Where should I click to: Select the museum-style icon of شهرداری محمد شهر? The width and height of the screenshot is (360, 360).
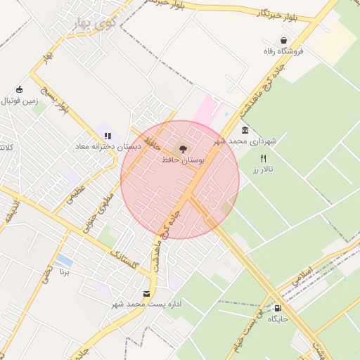pyautogui.click(x=245, y=131)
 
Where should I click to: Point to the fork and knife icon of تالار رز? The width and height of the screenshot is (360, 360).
pyautogui.click(x=264, y=159)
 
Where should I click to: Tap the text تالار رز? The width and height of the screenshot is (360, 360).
pyautogui.click(x=263, y=170)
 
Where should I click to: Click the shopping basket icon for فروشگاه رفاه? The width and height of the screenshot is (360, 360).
pyautogui.click(x=283, y=41)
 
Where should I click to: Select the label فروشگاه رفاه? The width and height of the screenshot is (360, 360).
pyautogui.click(x=283, y=51)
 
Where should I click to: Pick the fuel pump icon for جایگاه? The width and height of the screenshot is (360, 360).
pyautogui.click(x=278, y=308)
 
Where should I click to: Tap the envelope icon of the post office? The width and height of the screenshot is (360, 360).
pyautogui.click(x=146, y=293)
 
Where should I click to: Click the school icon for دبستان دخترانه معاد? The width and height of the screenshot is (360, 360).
pyautogui.click(x=108, y=136)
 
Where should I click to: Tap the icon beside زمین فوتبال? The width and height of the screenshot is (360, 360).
pyautogui.click(x=19, y=89)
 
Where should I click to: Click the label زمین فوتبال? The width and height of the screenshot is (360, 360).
pyautogui.click(x=19, y=101)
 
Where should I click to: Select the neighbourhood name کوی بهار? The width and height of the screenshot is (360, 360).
pyautogui.click(x=94, y=23)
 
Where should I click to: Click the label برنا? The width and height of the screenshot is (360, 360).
pyautogui.click(x=65, y=270)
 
